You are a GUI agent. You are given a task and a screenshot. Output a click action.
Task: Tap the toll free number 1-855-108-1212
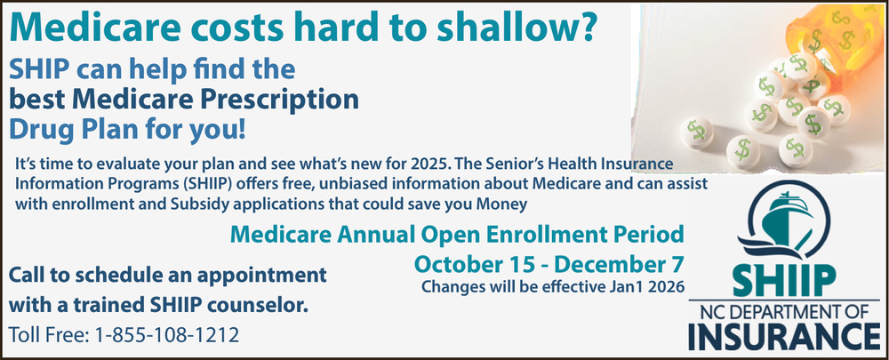tap(167, 335)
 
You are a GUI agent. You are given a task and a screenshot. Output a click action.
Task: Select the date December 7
tap(620, 264)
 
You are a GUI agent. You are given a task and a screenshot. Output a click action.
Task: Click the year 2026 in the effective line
tap(667, 286)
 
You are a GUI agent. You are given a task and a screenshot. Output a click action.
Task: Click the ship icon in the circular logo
tap(787, 218)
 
